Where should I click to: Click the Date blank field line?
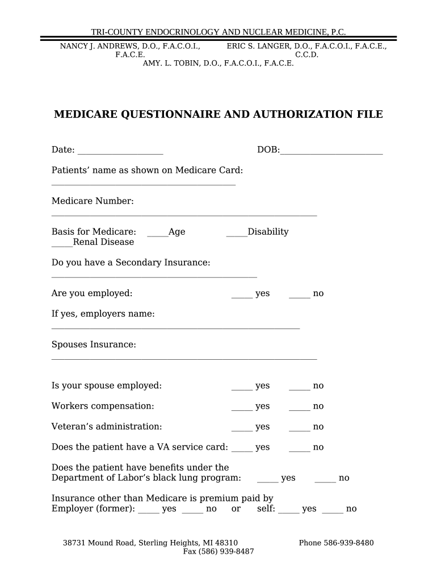click(x=120, y=152)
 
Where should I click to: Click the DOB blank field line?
click(x=331, y=152)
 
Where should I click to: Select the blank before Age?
click(x=157, y=234)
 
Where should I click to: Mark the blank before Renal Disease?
click(x=62, y=244)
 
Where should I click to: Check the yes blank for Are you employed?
click(x=242, y=296)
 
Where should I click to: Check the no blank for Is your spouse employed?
click(x=300, y=388)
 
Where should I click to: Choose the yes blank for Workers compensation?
click(x=242, y=409)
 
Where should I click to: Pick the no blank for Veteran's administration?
click(x=300, y=429)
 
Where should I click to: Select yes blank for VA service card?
click(x=242, y=450)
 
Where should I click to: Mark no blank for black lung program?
click(x=325, y=480)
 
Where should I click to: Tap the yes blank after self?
click(x=289, y=511)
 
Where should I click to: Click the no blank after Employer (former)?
click(x=192, y=511)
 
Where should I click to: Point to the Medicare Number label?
click(x=93, y=201)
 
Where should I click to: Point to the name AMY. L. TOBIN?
click(x=167, y=63)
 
